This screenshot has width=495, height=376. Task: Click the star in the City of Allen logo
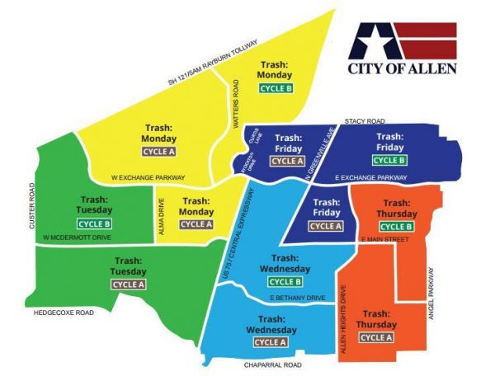pos(373,42)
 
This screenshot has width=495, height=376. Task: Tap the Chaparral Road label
pos(272,364)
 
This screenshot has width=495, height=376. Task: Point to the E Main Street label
pos(386,240)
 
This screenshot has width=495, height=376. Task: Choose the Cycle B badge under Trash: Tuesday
pos(94,223)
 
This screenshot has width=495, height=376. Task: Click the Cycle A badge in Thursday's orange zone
pos(376,337)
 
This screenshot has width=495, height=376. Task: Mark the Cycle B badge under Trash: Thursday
pos(396,226)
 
